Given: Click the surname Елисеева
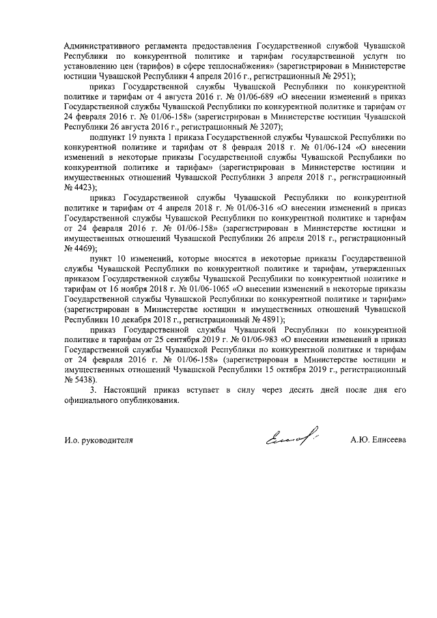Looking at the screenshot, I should pyautogui.click(x=387, y=440).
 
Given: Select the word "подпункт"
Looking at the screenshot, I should pyautogui.click(x=111, y=137).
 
